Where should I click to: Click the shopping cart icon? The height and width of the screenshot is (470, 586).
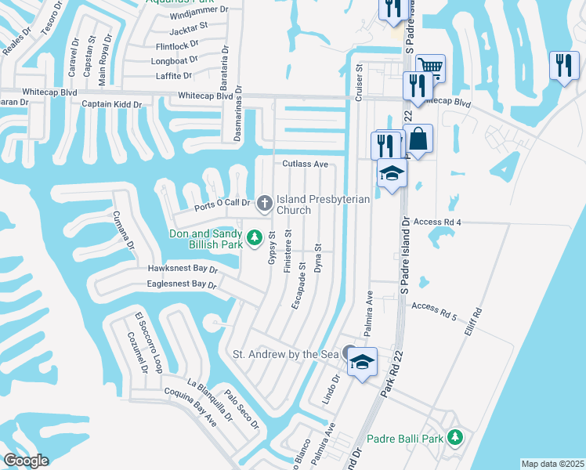coord(429,66)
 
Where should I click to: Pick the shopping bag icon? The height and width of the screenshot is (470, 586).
coord(418,139)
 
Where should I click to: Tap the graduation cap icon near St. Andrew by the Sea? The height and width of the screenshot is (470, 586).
coord(362,361)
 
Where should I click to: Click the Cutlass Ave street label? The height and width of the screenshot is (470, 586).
coord(305,164)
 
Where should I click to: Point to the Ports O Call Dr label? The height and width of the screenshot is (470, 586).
coord(222,204)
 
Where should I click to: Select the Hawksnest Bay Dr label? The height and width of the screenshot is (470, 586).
coord(183,269)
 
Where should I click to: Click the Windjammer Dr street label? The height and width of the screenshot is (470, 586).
coord(198,11)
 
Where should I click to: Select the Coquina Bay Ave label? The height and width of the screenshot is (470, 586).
coord(189,407)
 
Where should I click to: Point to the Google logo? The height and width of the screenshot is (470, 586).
coord(26,461)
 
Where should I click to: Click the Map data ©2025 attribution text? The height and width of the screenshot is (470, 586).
coord(552,464)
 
